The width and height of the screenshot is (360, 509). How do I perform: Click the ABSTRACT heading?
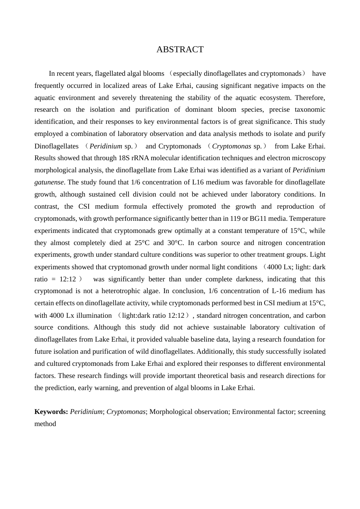point(180,50)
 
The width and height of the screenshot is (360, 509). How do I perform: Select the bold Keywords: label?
point(51,412)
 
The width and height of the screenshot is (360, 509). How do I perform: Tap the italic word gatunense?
point(49,182)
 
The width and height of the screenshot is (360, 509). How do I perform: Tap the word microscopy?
point(308,158)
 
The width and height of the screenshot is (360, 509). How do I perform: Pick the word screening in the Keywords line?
point(311,412)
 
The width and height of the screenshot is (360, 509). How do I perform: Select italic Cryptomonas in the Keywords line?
point(126,412)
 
